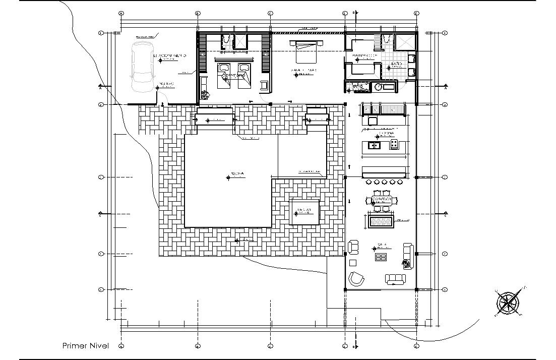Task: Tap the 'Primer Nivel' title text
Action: click(85, 345)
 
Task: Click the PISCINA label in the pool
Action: click(237, 174)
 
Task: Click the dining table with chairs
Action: click(385, 201)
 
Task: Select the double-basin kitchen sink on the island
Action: click(375, 146)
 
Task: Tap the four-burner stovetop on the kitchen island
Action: click(394, 145)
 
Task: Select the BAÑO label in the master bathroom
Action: click(396, 64)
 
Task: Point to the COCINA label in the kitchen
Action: click(386, 133)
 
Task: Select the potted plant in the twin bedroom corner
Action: click(205, 94)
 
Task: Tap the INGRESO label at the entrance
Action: click(166, 84)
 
